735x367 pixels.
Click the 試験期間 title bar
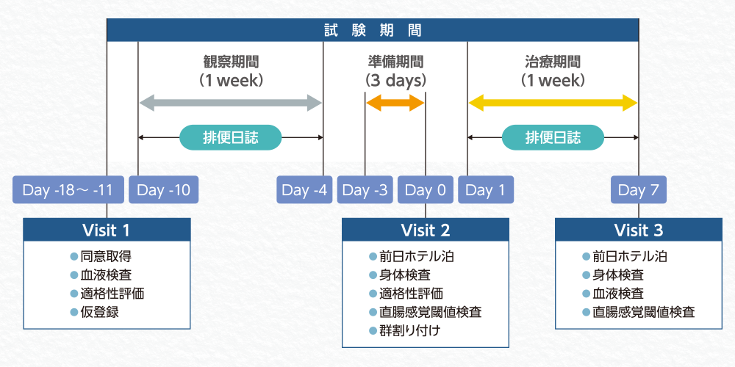tap(373, 31)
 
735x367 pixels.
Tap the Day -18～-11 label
tap(68, 191)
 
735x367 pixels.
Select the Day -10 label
tap(163, 191)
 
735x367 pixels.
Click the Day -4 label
tap(304, 191)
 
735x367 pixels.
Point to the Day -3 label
tap(365, 191)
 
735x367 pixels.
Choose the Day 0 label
tap(426, 191)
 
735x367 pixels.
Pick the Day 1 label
tap(486, 191)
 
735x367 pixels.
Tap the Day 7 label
tap(637, 191)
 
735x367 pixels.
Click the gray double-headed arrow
tap(231, 103)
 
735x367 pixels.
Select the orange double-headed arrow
tap(395, 103)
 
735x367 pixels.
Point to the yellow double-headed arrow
tap(553, 103)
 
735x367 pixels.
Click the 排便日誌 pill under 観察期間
tap(231, 137)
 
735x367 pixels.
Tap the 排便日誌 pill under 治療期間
tap(553, 137)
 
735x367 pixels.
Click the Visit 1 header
tap(107, 230)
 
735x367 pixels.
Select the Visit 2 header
tap(426, 230)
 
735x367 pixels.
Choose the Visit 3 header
tap(638, 230)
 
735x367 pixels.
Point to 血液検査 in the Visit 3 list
tap(617, 294)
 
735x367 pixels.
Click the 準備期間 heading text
tap(395, 62)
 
